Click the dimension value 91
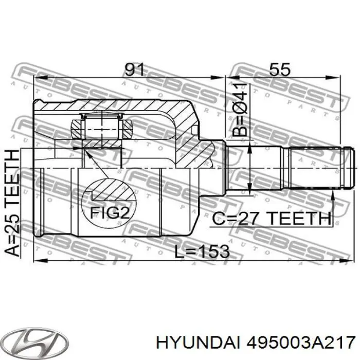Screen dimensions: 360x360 click(x=134, y=69)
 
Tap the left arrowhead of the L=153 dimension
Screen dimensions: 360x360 click(x=37, y=261)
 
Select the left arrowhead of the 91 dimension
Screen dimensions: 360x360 click(x=37, y=79)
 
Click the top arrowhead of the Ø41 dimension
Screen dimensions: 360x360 click(x=250, y=148)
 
